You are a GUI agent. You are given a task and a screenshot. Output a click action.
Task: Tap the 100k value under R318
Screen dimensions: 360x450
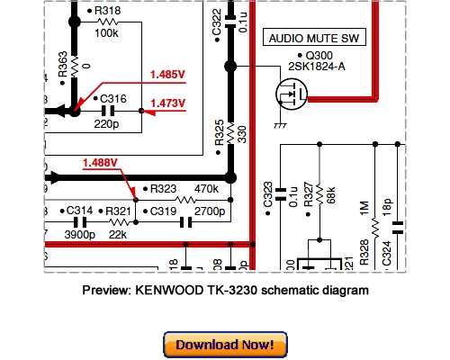click(107, 31)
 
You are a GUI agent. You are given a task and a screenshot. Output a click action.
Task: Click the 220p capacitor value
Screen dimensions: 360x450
click(108, 125)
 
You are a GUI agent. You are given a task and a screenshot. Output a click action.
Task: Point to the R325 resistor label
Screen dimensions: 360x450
click(220, 135)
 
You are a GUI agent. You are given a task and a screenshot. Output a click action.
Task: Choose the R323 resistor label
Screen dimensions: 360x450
click(162, 189)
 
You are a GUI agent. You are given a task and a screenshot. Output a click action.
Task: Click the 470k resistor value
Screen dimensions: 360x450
click(205, 189)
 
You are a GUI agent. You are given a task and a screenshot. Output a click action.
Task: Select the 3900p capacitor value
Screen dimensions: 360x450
click(81, 233)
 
